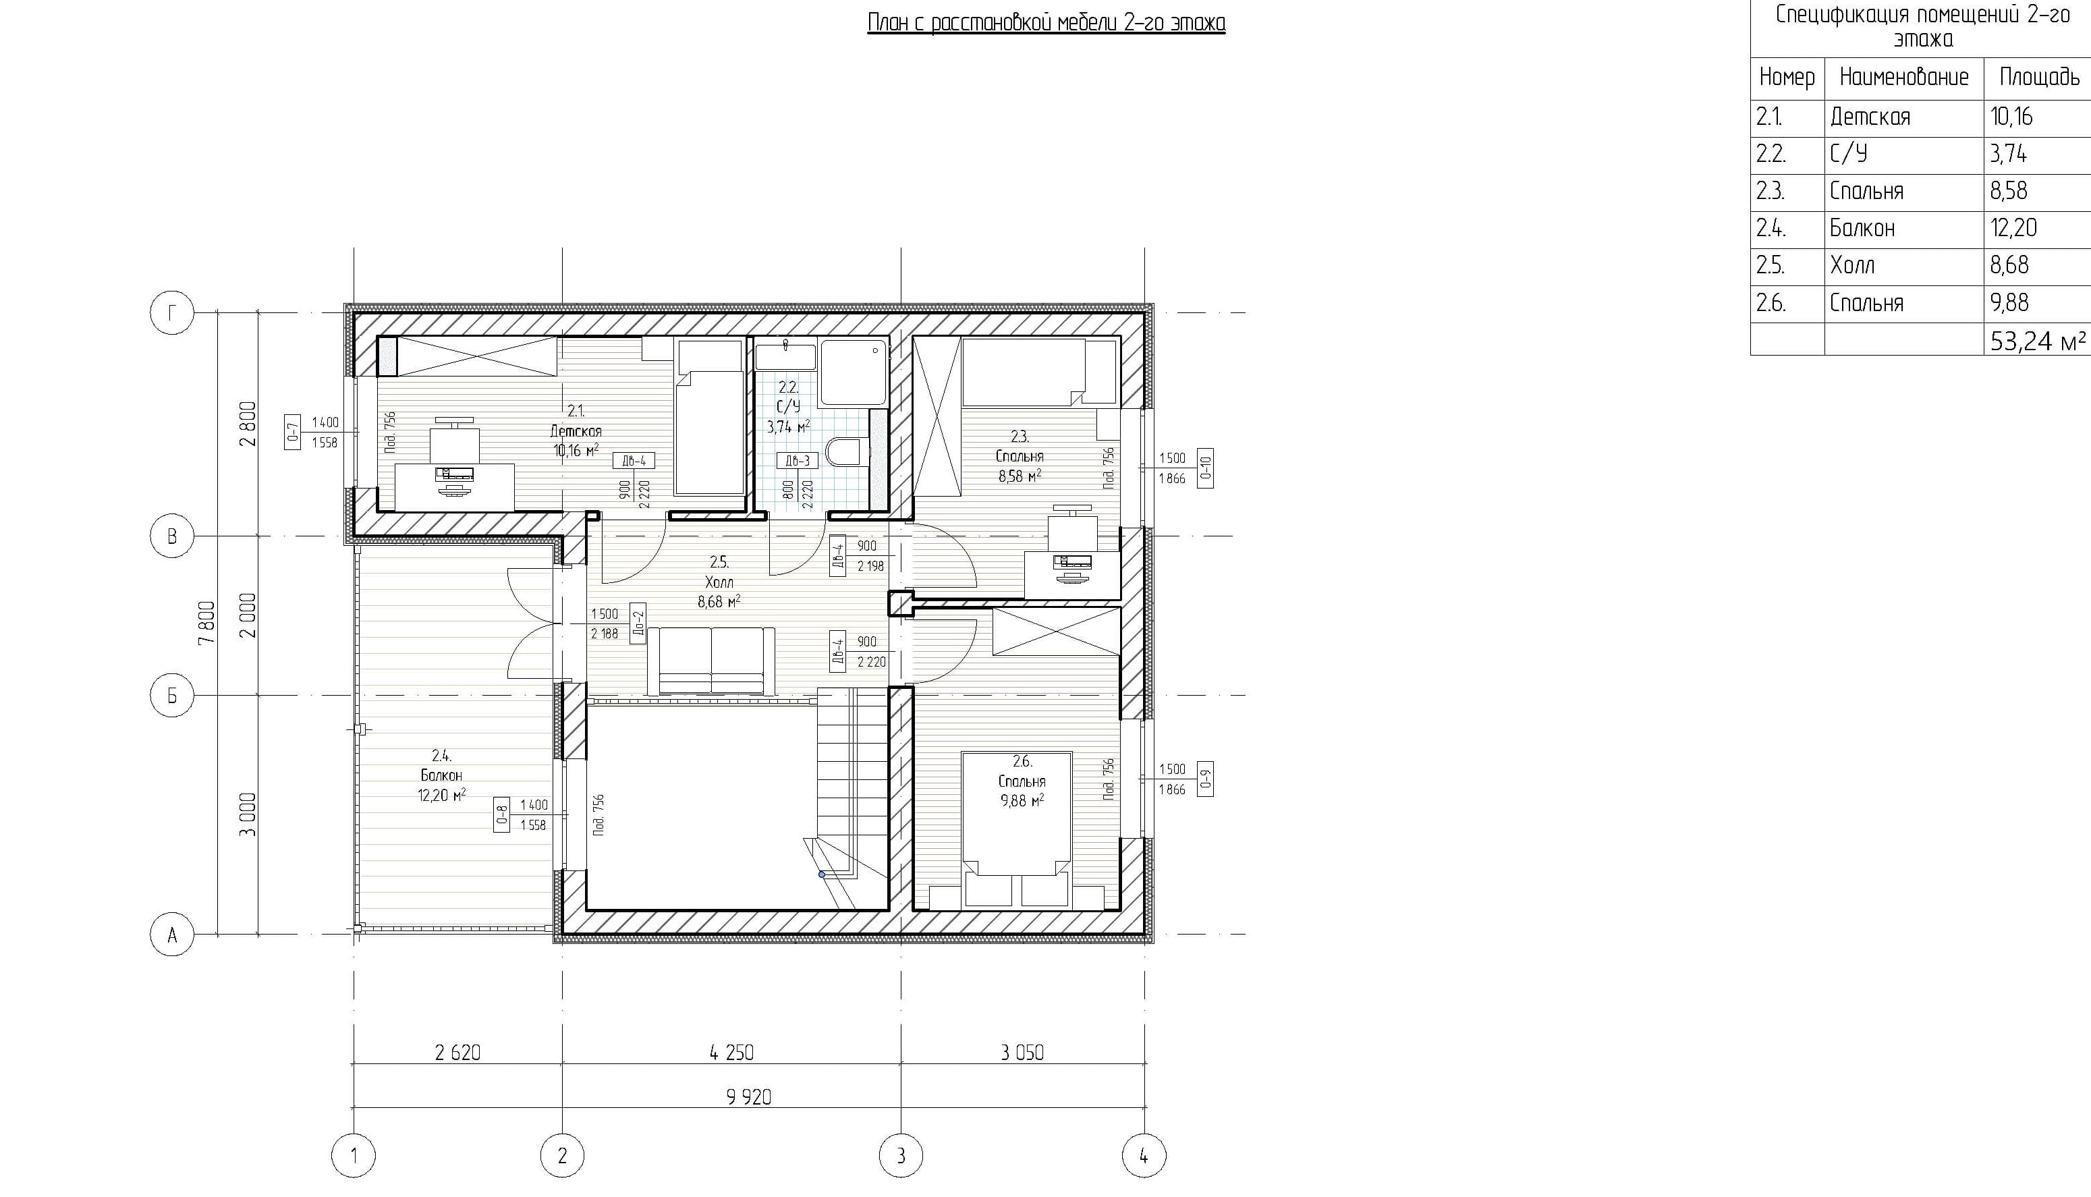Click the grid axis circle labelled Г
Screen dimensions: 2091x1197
[172, 312]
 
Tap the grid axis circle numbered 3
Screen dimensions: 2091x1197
[901, 1156]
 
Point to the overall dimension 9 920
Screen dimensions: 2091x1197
[749, 1096]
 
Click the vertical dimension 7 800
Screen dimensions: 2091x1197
[207, 623]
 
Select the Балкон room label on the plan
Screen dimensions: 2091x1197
[441, 775]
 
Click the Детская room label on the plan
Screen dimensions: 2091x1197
[576, 430]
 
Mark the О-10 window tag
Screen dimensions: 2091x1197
[1205, 468]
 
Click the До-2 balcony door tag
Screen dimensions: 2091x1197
[638, 622]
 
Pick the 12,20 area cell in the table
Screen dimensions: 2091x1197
[2013, 227]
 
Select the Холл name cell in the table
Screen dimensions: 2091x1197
[1853, 265]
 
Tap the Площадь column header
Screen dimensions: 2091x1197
[2039, 78]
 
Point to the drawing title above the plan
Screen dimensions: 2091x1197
[1047, 22]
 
